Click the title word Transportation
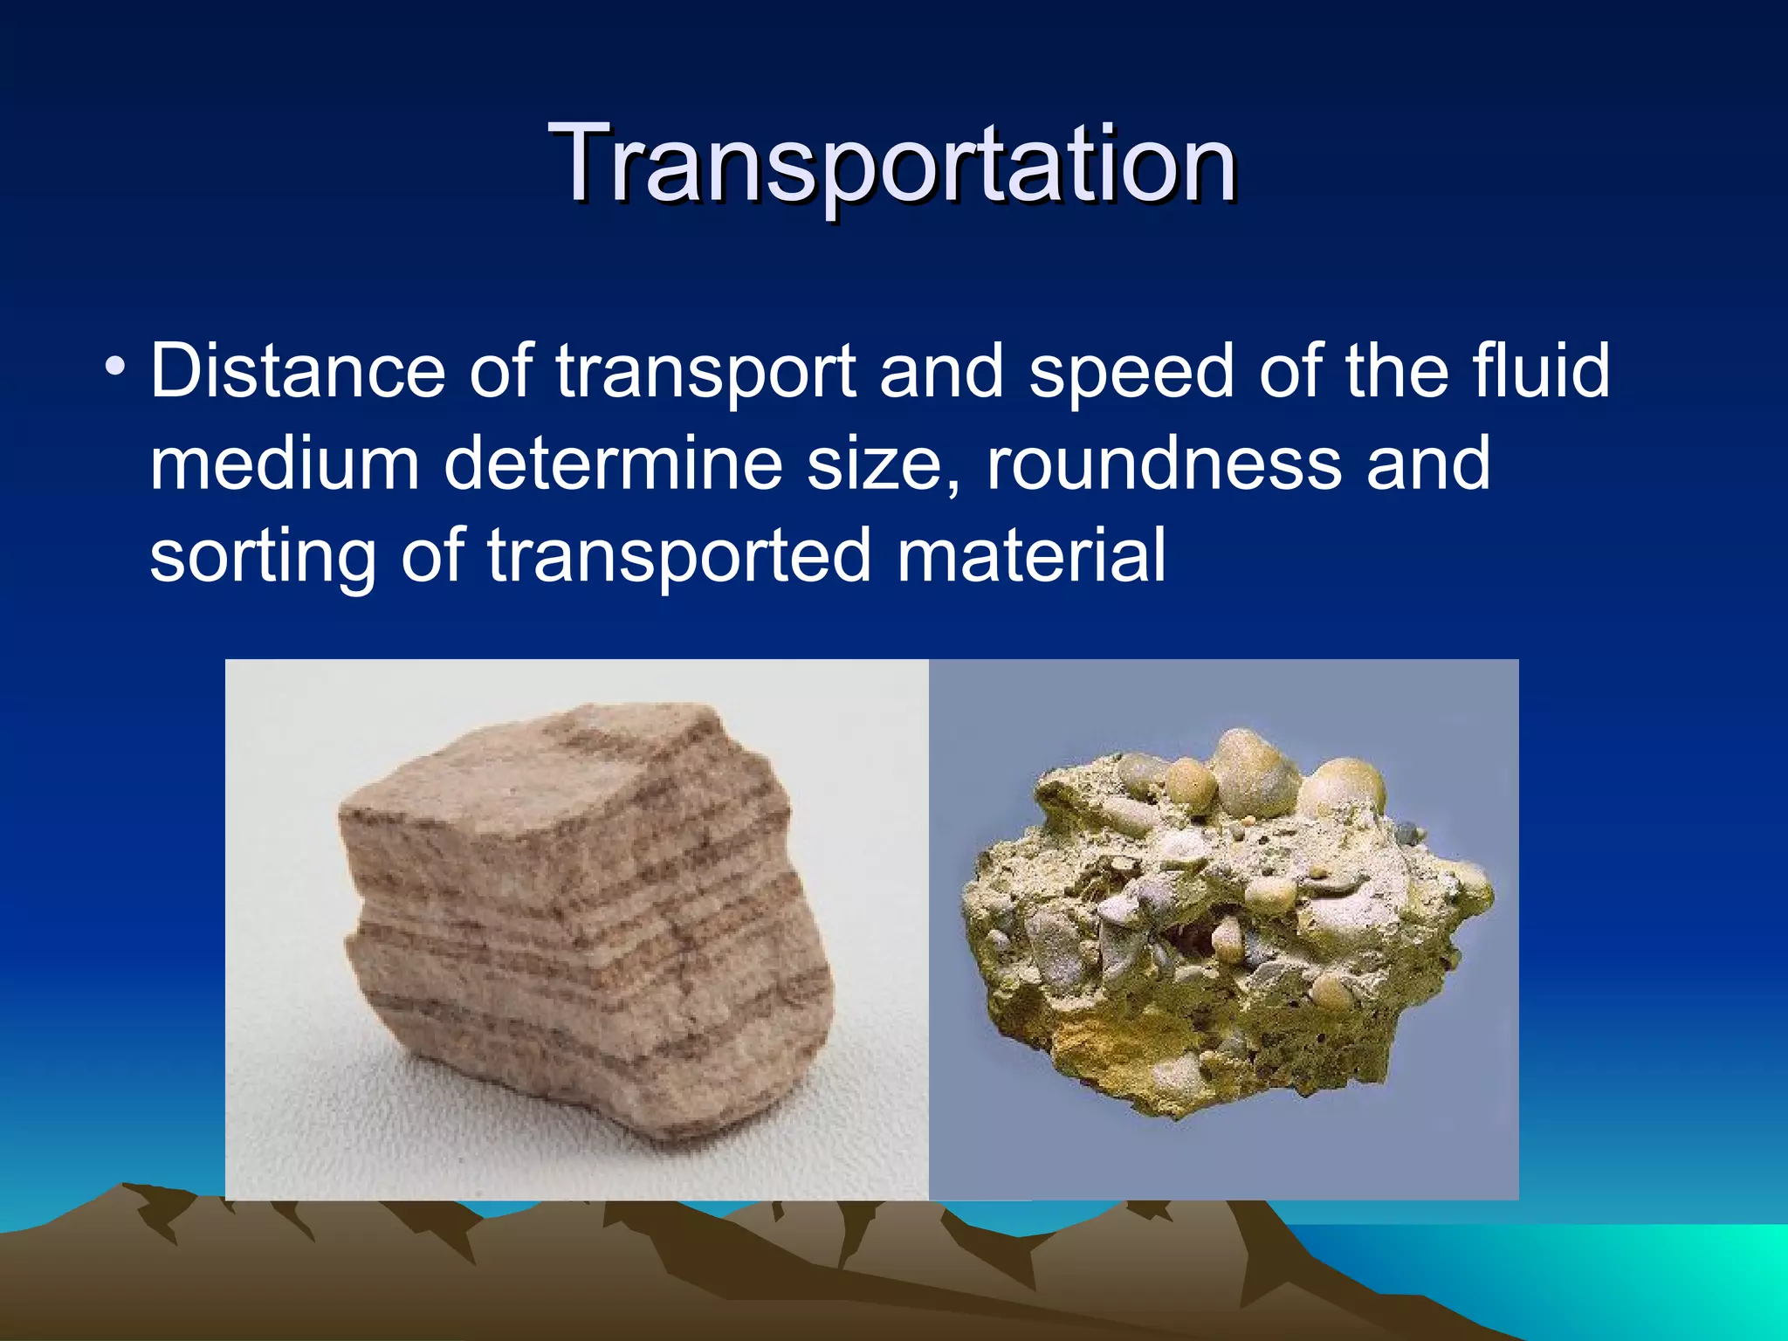coord(892,164)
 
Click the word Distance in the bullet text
coord(298,371)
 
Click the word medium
coord(285,464)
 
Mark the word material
coord(1031,555)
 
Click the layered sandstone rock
coord(585,925)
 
